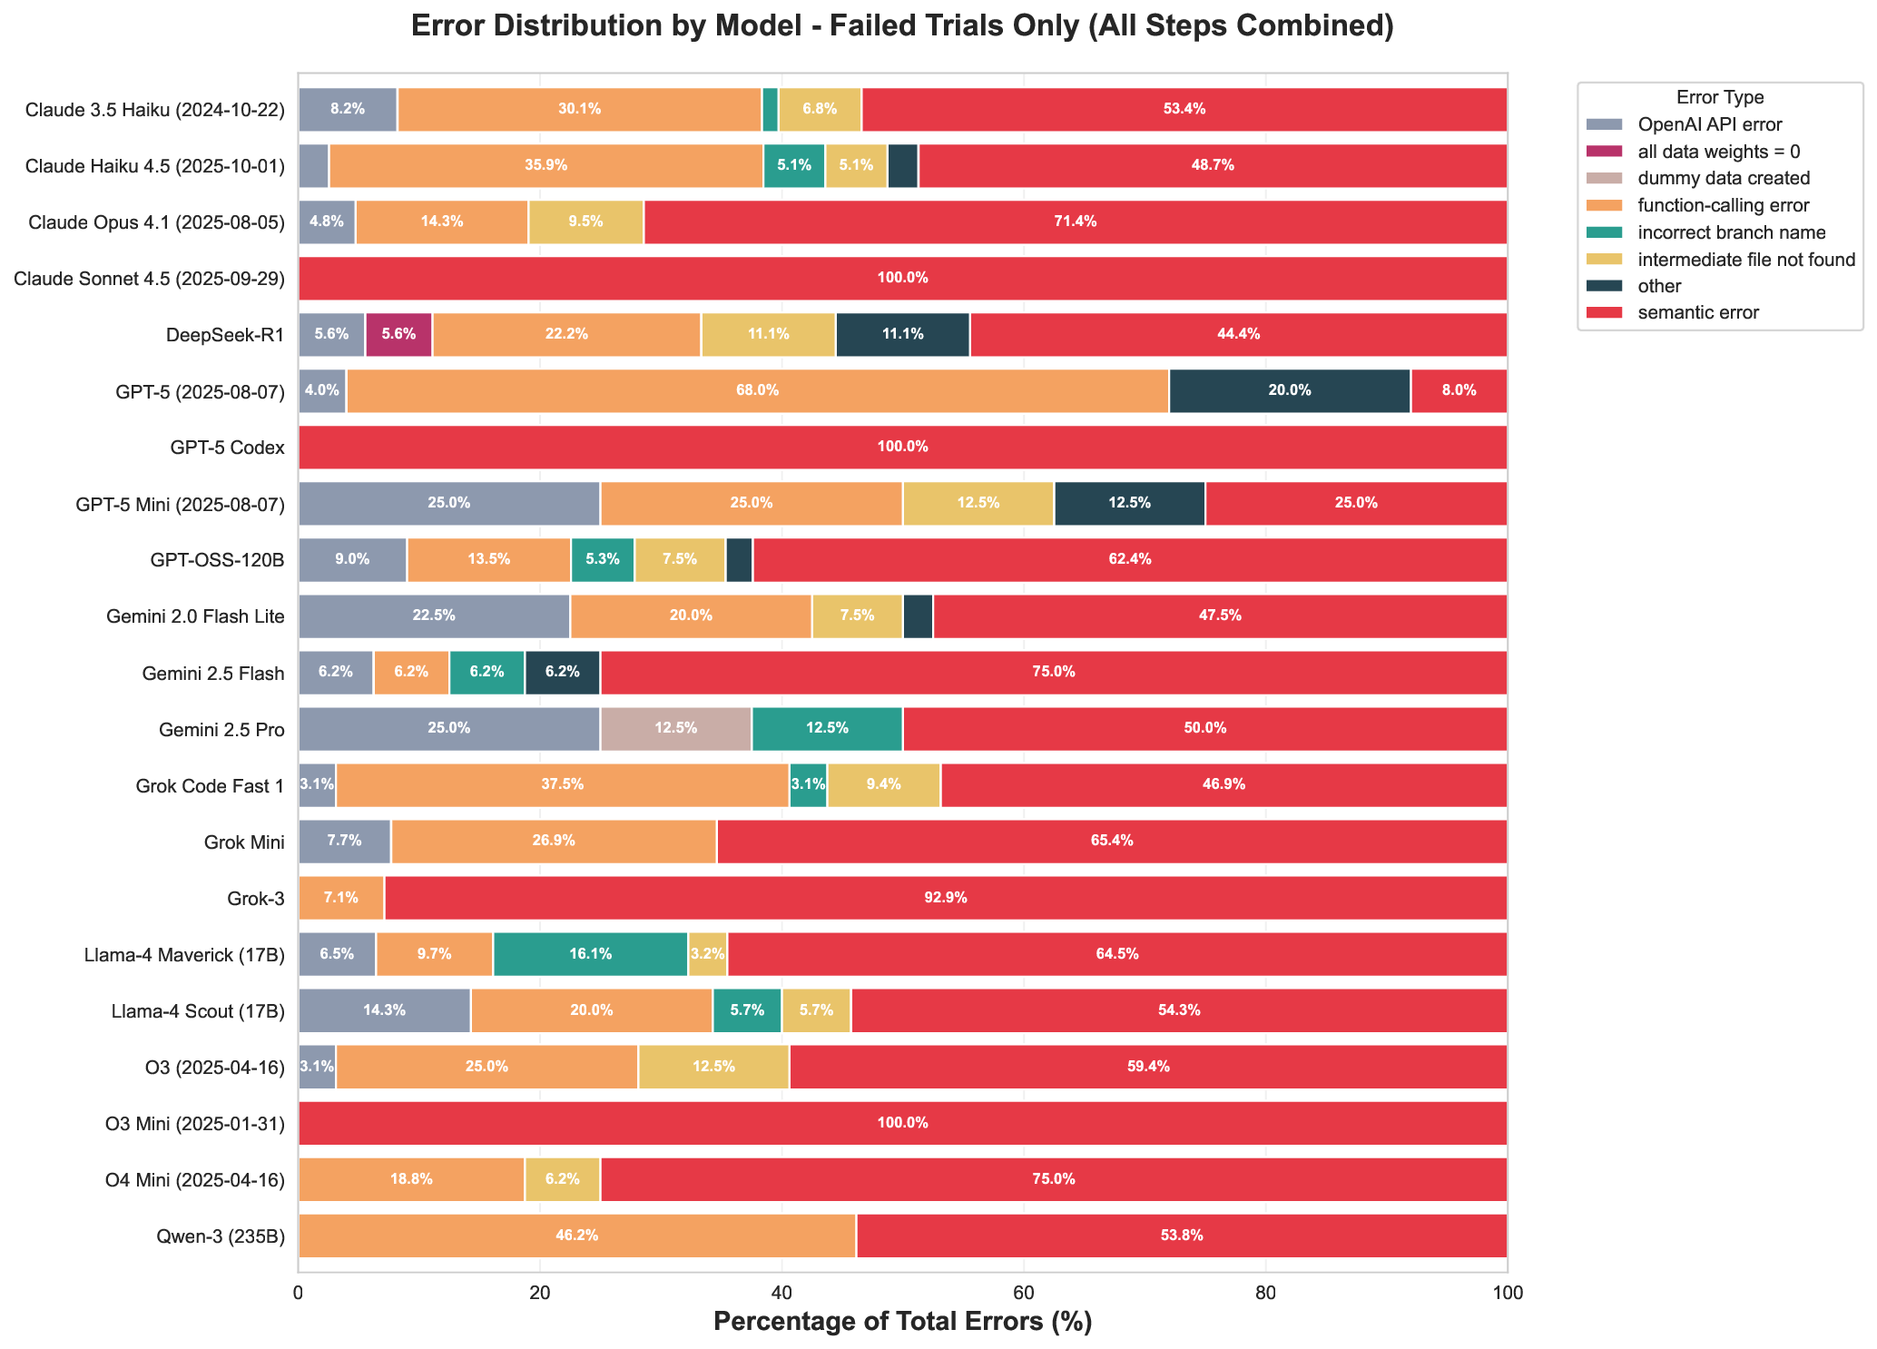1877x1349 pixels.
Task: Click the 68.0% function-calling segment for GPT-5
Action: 758,390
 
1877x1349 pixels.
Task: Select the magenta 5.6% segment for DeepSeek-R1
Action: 398,334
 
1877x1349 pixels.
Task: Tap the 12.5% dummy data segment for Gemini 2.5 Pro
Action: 675,728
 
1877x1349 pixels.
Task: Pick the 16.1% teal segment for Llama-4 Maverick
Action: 590,954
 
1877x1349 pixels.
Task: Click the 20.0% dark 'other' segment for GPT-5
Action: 1289,390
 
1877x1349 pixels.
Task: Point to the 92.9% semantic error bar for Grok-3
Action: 945,898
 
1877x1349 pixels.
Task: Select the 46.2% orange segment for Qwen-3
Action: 576,1236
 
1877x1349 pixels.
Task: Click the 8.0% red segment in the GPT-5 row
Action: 1459,390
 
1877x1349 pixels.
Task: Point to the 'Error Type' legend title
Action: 1720,98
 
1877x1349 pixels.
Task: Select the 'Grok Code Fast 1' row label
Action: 221,785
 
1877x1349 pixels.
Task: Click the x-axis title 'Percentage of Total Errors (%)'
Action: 902,1322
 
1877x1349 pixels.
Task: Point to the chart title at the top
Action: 902,26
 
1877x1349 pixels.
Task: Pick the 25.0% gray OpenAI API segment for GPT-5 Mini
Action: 448,503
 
